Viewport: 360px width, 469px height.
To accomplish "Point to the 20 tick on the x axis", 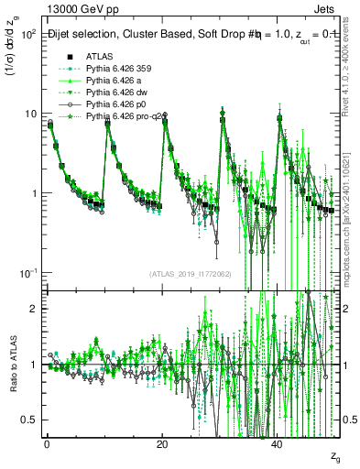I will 162,442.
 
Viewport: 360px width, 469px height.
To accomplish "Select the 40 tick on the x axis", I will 278,442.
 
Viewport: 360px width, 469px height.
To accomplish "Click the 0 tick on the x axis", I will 46,442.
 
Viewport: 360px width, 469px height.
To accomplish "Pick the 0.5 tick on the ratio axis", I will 29,420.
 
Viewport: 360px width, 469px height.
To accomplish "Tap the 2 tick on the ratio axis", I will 33,309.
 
